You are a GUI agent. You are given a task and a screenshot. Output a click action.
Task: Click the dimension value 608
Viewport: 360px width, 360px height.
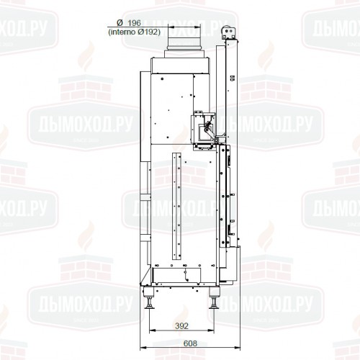(x=191, y=345)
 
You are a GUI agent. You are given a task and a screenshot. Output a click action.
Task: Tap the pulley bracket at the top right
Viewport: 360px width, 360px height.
(x=230, y=33)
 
